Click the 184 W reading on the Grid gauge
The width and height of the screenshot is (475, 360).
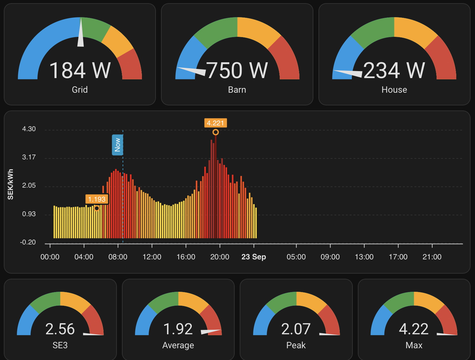pos(80,70)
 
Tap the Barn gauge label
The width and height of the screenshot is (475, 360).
pos(237,90)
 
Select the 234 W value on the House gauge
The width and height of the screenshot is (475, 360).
pos(394,70)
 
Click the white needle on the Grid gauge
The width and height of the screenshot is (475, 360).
pos(81,32)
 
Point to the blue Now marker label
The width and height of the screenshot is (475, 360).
pos(117,145)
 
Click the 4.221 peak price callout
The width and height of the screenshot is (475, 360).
pos(216,123)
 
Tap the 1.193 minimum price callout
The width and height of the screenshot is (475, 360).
pos(97,199)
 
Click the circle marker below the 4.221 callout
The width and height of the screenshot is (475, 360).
pos(216,132)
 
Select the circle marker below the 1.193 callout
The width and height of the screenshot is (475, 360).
pos(97,208)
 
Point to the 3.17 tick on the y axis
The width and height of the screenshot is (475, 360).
pos(29,157)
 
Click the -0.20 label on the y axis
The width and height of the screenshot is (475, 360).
pos(28,242)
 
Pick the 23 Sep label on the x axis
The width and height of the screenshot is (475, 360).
pos(254,257)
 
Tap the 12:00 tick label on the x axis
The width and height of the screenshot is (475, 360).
pos(152,257)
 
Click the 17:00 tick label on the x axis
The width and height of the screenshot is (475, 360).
pos(398,257)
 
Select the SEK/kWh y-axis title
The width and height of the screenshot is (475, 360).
pos(10,184)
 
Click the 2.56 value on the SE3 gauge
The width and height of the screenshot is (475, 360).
pos(60,329)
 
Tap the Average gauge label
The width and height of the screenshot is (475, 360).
pos(178,345)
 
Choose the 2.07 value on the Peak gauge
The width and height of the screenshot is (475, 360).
pos(296,329)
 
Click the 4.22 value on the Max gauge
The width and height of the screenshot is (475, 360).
pos(413,329)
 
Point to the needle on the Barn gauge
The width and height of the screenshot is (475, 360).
pos(191,71)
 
